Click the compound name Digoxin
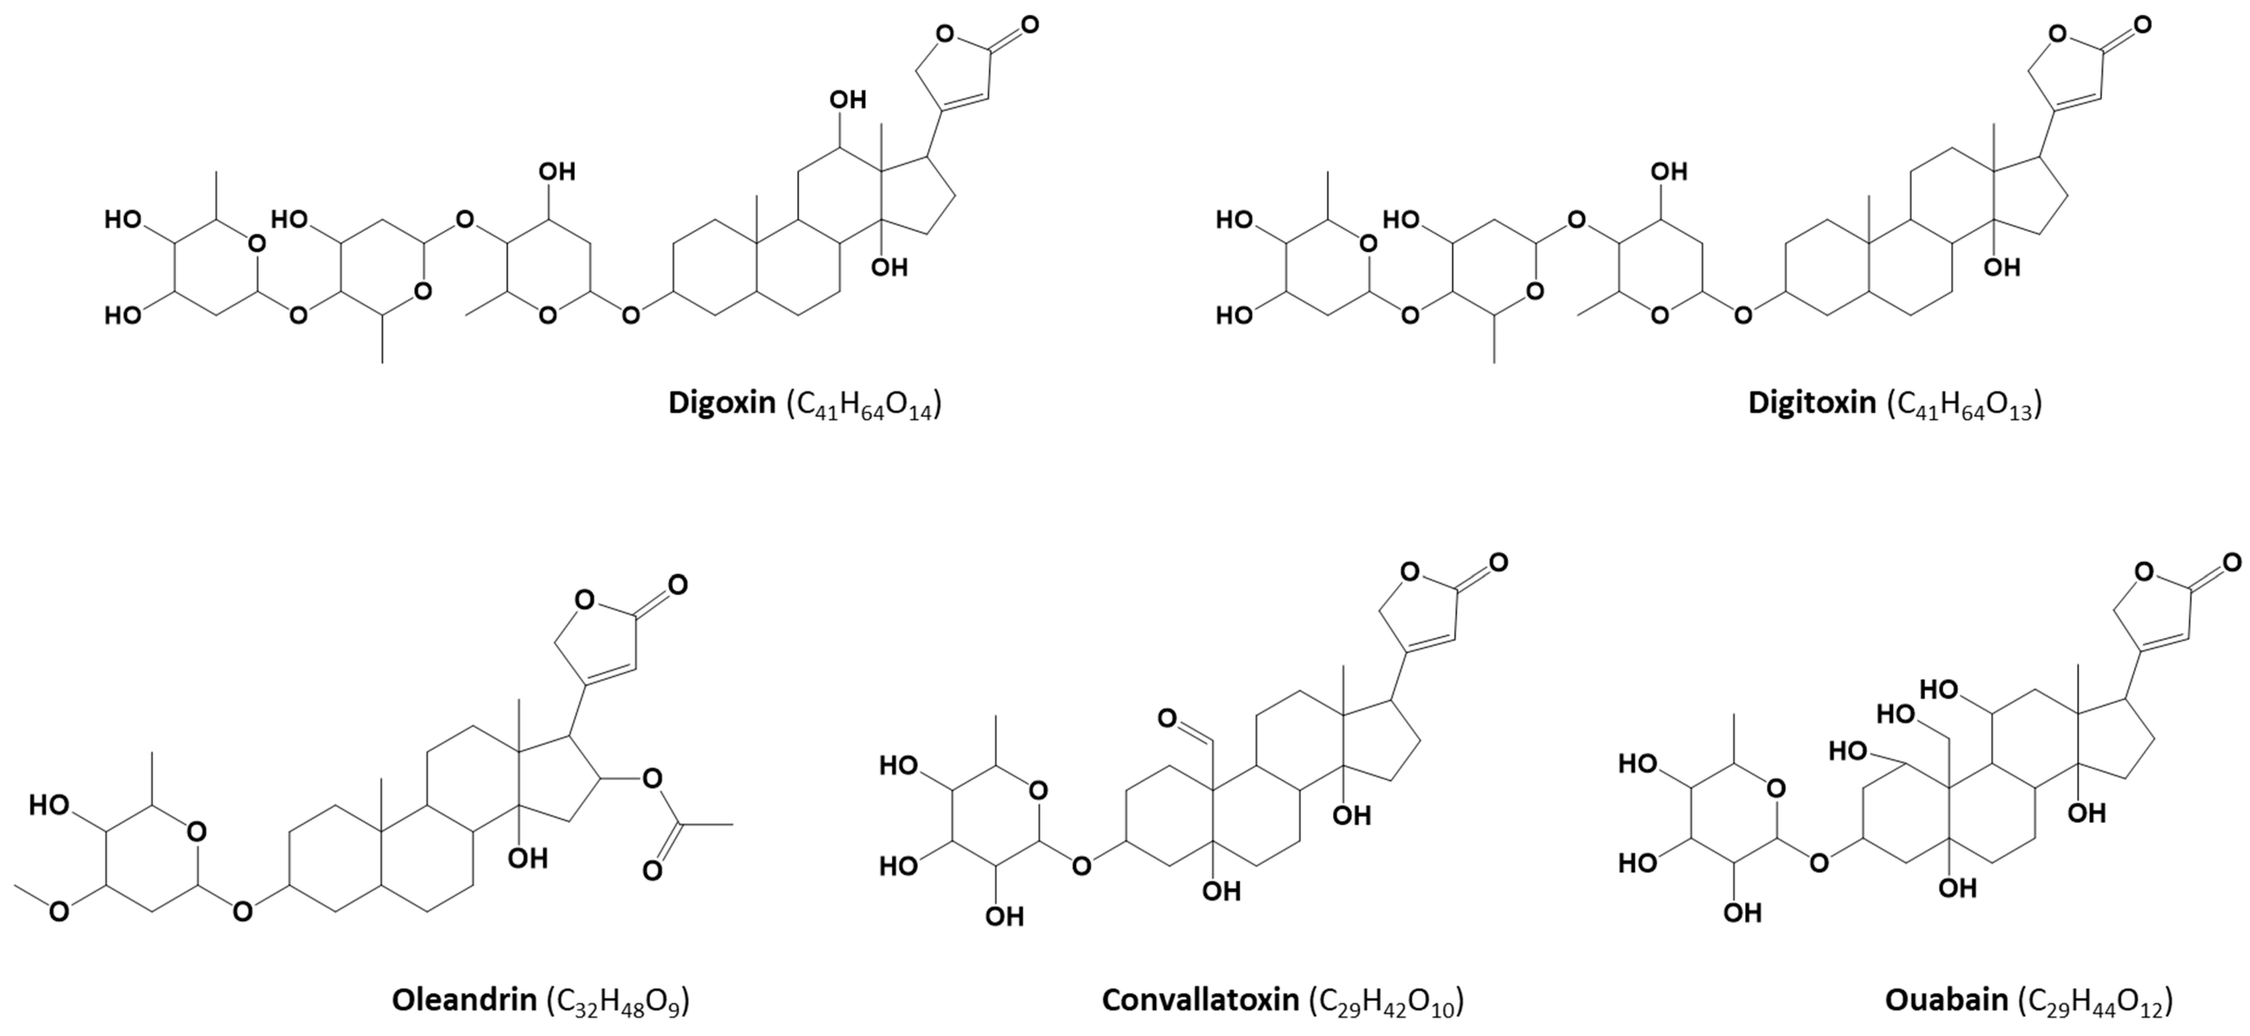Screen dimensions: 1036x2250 (722, 403)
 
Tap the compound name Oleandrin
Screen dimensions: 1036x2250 (464, 999)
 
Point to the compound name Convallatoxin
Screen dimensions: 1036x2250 (1200, 999)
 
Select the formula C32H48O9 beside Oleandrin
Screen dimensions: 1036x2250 (617, 1001)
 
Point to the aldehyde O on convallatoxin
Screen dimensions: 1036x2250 (1168, 719)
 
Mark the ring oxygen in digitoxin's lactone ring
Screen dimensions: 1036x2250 (2058, 35)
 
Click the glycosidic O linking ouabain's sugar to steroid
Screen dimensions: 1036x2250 (1819, 864)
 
